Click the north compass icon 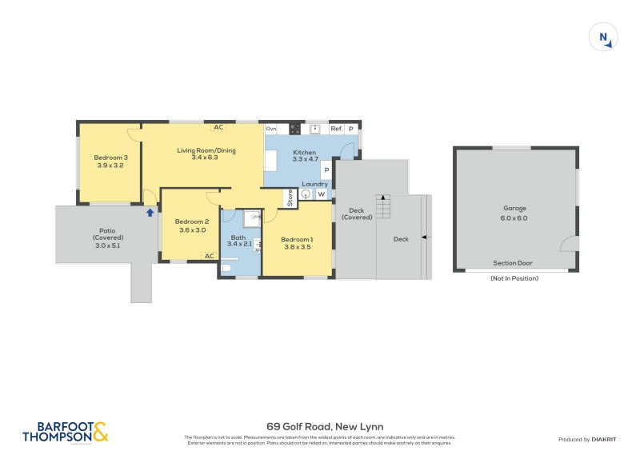pyautogui.click(x=604, y=37)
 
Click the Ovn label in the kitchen pyautogui.click(x=271, y=129)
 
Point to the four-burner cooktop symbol pyautogui.click(x=294, y=129)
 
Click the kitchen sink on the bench pyautogui.click(x=315, y=129)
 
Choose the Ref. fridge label pyautogui.click(x=336, y=129)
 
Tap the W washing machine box pyautogui.click(x=322, y=194)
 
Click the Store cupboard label pyautogui.click(x=290, y=197)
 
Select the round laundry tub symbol pyautogui.click(x=306, y=194)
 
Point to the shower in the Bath pyautogui.click(x=252, y=217)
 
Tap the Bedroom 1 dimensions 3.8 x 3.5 pyautogui.click(x=297, y=247)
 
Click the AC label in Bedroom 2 pyautogui.click(x=210, y=256)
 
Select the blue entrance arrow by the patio pyautogui.click(x=150, y=212)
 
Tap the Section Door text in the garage pyautogui.click(x=512, y=263)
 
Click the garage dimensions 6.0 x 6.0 pyautogui.click(x=515, y=218)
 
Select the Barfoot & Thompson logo pyautogui.click(x=65, y=432)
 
